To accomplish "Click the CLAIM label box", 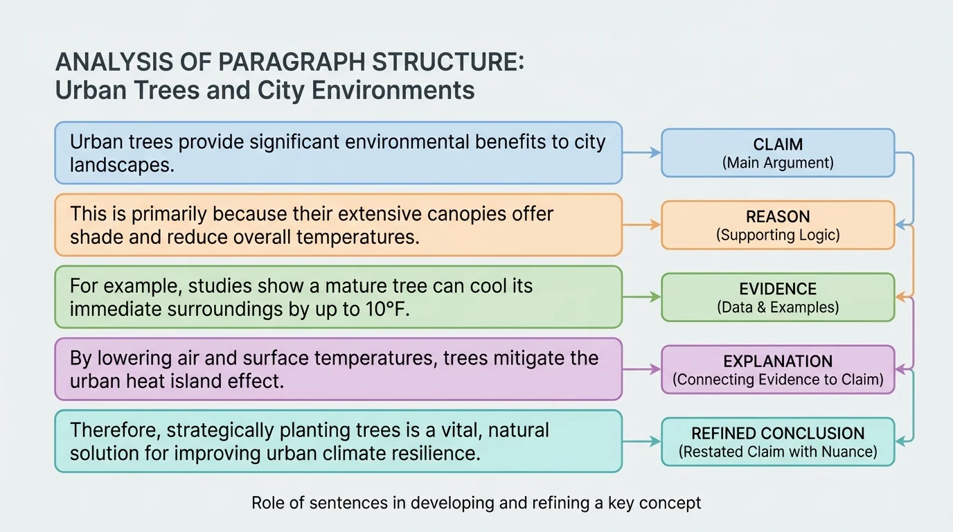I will click(x=778, y=153).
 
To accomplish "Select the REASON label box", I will click(x=778, y=225).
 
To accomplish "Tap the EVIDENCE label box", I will click(x=778, y=297).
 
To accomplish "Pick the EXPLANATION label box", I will click(x=778, y=370).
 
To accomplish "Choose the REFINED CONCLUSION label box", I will click(x=778, y=442).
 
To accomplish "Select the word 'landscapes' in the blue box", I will click(x=121, y=165).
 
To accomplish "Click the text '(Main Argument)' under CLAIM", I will click(x=778, y=163).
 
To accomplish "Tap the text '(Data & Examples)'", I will click(x=778, y=307).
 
